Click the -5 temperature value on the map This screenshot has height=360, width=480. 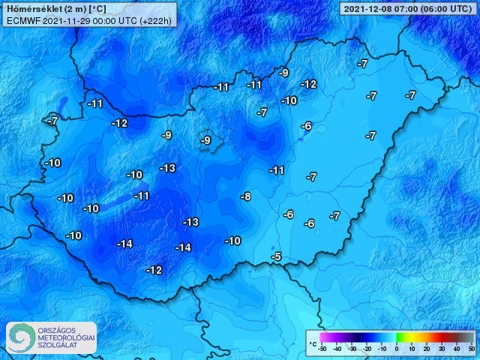click(276, 257)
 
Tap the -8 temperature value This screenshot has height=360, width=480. click(245, 196)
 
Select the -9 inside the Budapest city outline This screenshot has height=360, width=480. click(206, 140)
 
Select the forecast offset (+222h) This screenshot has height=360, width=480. click(157, 20)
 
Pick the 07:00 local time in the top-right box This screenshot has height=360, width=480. click(406, 8)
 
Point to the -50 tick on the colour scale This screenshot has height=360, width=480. click(322, 349)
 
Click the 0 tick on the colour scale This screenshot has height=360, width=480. click(397, 349)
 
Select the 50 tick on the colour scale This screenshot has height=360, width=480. click(472, 349)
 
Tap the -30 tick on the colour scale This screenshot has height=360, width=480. click(352, 349)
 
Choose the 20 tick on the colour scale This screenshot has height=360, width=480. click(427, 349)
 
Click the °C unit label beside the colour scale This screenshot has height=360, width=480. click(312, 343)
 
